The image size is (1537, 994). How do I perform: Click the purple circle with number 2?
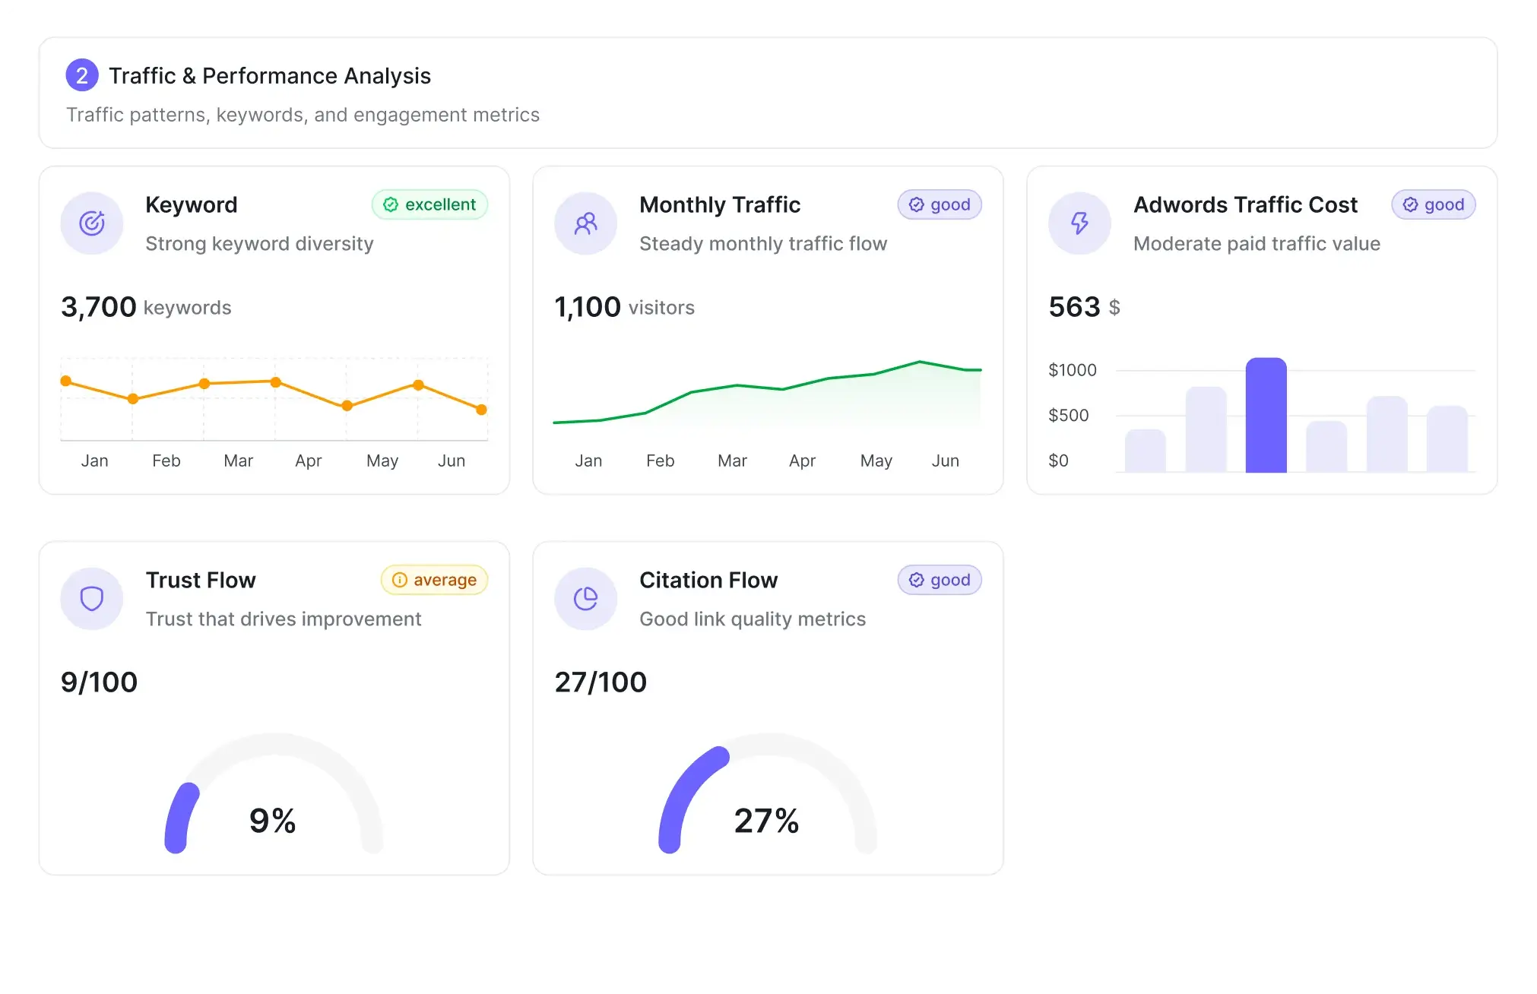click(x=82, y=75)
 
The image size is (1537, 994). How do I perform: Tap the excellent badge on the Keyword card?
click(x=429, y=204)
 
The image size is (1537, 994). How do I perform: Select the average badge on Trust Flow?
click(x=434, y=580)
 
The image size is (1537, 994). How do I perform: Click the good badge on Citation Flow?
click(x=940, y=580)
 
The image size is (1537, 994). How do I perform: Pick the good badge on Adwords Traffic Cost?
click(x=1433, y=204)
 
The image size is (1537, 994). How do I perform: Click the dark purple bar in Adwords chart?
click(x=1266, y=415)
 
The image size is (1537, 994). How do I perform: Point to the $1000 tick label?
click(x=1072, y=370)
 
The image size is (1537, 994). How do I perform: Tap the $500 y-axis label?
click(x=1068, y=415)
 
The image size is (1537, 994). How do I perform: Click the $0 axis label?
click(x=1058, y=461)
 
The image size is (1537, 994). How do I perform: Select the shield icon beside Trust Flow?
click(x=92, y=599)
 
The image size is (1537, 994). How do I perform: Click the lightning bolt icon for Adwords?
click(x=1079, y=223)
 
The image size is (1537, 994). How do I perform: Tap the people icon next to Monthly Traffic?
click(x=585, y=223)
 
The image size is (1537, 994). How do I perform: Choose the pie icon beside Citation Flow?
click(x=585, y=599)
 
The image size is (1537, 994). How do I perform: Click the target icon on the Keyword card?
click(x=92, y=223)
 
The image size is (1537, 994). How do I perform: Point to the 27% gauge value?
click(x=766, y=821)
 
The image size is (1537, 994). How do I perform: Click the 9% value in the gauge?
click(x=272, y=821)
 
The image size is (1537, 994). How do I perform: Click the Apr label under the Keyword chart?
click(x=308, y=461)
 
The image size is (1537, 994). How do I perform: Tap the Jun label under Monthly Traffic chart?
click(x=945, y=461)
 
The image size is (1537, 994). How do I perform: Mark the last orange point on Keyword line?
click(x=481, y=410)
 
